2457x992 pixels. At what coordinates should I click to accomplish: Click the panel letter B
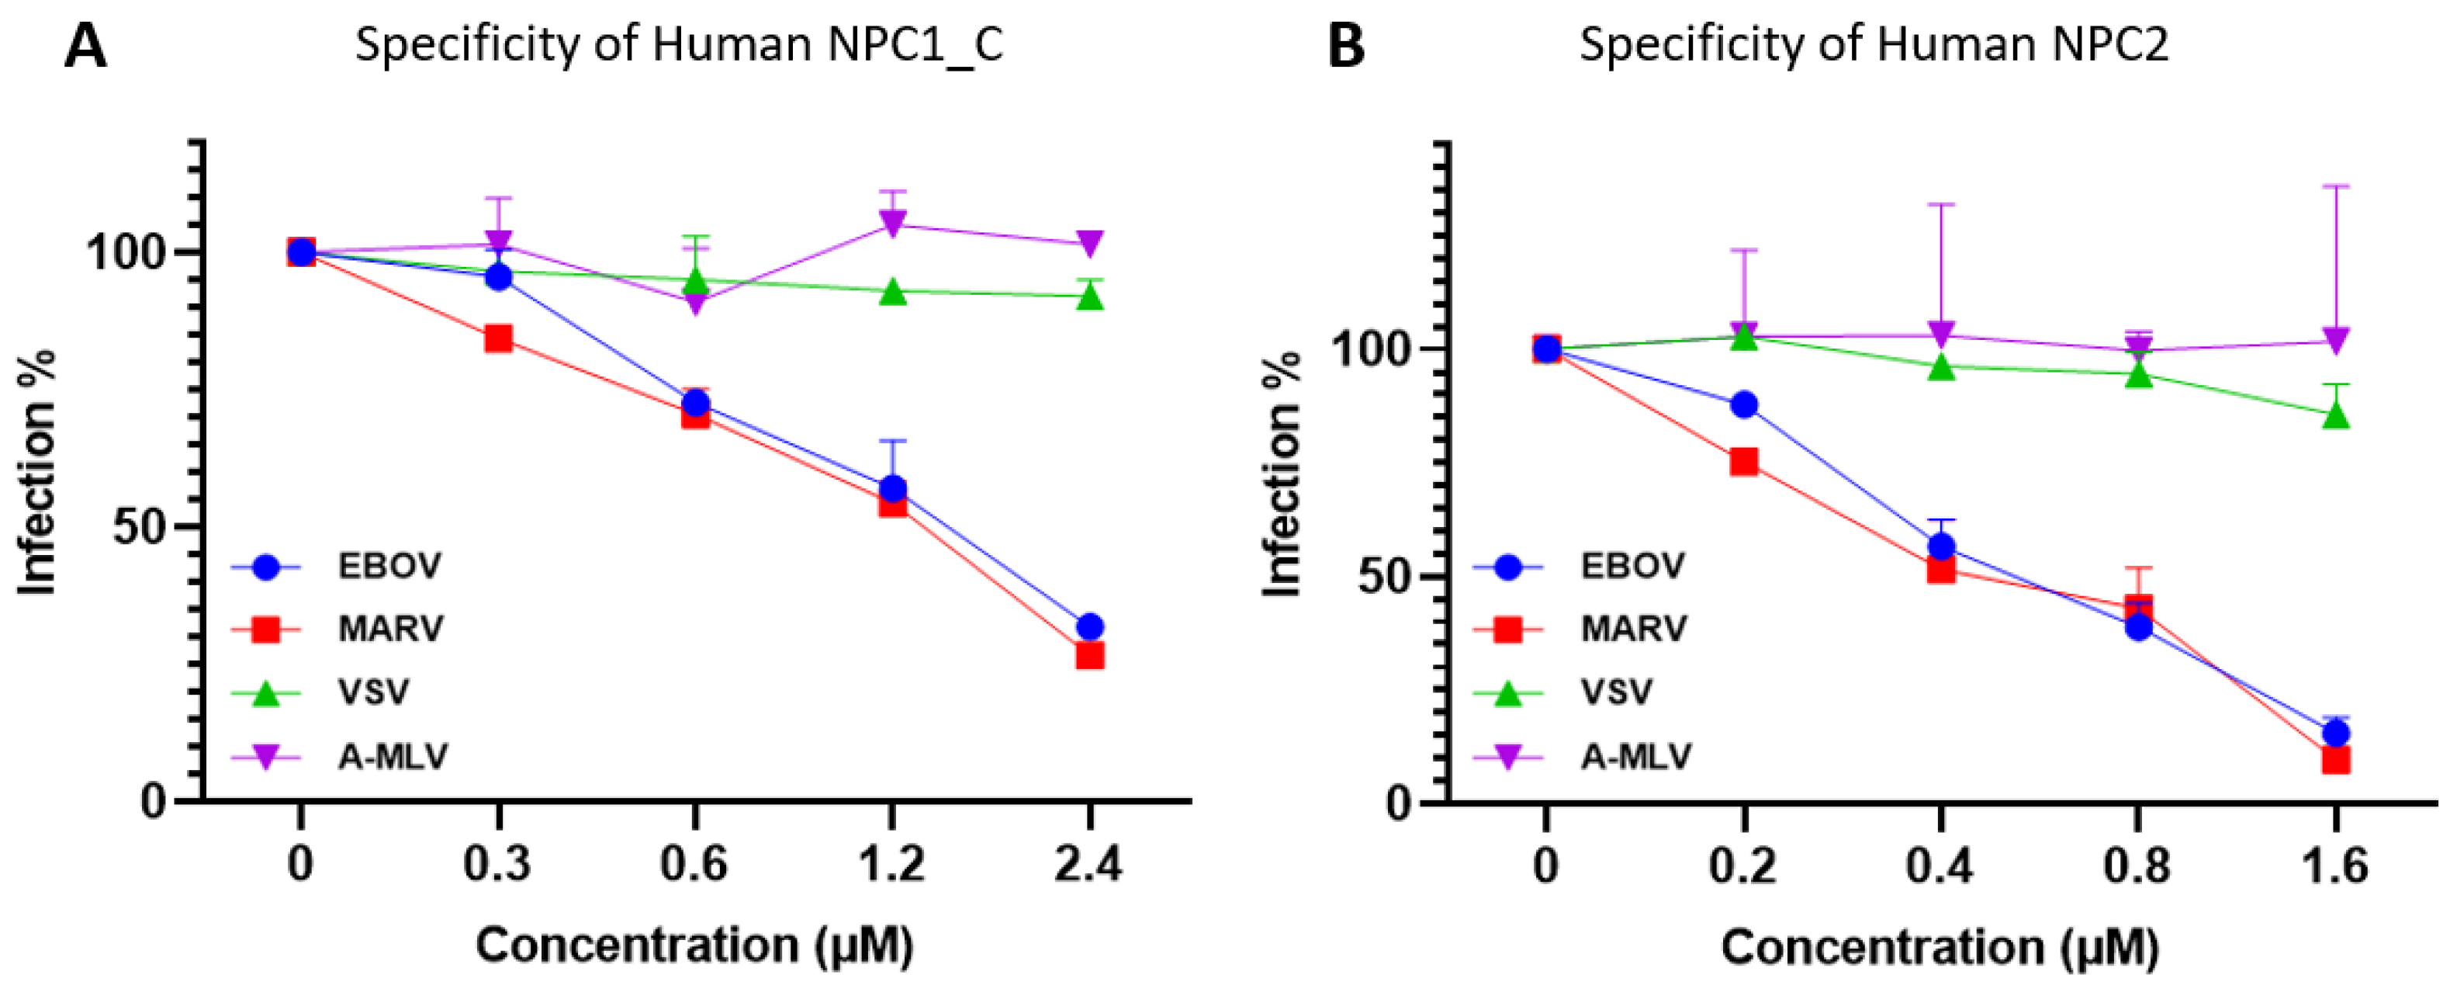(1346, 47)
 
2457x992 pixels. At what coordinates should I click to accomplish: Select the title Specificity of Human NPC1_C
(679, 45)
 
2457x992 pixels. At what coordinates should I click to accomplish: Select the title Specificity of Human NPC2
(1874, 45)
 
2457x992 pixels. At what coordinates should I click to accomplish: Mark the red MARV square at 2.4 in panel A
(1089, 655)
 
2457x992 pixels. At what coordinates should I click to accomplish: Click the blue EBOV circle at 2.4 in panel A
(1089, 626)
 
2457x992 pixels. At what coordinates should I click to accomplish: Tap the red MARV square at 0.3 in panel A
(498, 338)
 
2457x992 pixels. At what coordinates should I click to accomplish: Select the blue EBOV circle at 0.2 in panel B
(1743, 404)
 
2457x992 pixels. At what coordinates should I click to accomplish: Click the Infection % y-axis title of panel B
(1282, 474)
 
